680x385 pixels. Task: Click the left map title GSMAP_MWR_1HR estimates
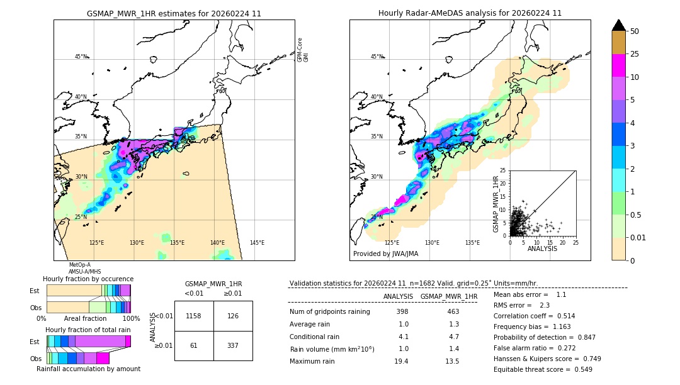pos(174,13)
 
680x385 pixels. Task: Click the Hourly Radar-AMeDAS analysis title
pos(470,13)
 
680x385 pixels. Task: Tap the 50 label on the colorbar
pos(635,31)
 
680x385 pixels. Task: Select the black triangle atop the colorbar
pos(619,25)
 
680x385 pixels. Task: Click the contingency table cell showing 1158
pos(194,316)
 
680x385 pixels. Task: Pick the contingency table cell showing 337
pos(233,345)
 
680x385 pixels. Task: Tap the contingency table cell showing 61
pos(194,345)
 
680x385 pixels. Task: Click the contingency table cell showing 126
pos(233,316)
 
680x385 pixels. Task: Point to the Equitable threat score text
pos(543,369)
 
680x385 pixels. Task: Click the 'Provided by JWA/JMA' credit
pos(385,254)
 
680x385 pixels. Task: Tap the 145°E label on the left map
pos(257,243)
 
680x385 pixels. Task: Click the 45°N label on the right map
pos(377,57)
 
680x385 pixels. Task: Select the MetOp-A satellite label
pos(80,265)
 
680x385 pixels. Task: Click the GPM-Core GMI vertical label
pos(303,49)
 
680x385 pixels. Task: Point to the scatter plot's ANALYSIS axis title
pos(542,248)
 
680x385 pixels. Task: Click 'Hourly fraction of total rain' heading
pos(88,330)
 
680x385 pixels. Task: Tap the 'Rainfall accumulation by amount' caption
pos(88,369)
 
